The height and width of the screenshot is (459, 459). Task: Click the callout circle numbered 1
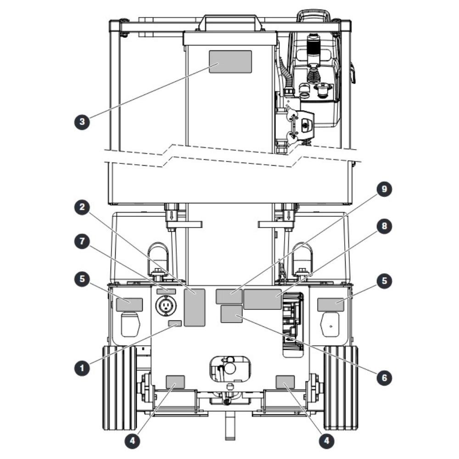(x=82, y=367)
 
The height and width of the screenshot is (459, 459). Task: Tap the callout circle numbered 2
(x=82, y=207)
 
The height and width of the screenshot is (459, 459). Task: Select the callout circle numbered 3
(x=82, y=121)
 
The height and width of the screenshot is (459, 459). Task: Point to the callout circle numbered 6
(x=384, y=377)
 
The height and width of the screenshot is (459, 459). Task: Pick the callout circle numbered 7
(x=82, y=241)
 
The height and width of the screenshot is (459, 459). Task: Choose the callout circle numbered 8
(x=384, y=226)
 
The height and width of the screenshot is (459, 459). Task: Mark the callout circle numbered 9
(x=384, y=189)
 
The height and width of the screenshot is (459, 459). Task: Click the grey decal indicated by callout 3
(x=230, y=62)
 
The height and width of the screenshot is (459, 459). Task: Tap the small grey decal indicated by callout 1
(x=175, y=323)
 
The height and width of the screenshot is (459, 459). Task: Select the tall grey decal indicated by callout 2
(x=194, y=308)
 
